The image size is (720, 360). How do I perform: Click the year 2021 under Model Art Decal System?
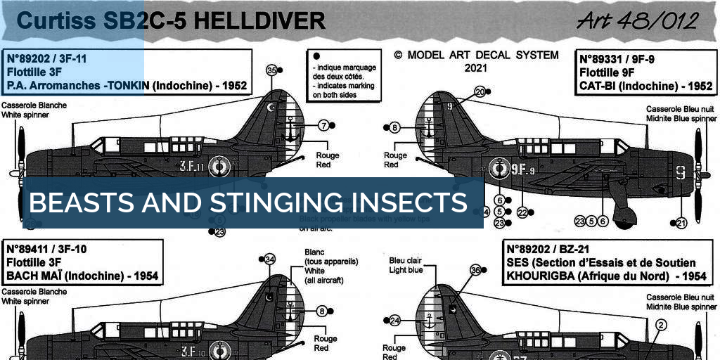(x=476, y=69)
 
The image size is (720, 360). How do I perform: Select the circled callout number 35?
(x=271, y=70)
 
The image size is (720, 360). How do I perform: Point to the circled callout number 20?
(x=480, y=91)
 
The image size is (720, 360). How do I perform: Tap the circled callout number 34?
(x=269, y=259)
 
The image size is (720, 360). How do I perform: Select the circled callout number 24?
(x=394, y=321)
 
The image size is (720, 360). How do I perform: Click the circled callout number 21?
(x=681, y=223)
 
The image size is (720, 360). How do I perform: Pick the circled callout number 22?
(x=521, y=212)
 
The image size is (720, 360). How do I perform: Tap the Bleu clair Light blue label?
(x=406, y=265)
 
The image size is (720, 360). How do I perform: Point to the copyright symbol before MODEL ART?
(x=399, y=55)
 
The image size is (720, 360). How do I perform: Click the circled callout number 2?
(x=660, y=325)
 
